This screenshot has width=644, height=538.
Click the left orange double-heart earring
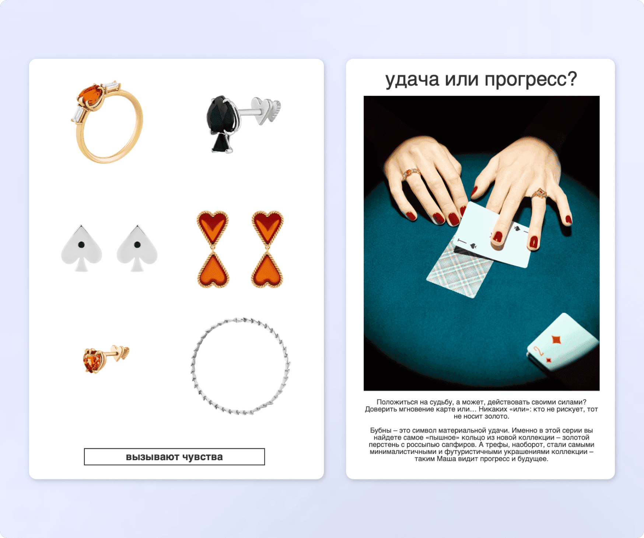213,249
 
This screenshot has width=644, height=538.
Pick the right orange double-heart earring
267,249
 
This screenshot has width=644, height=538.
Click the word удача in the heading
412,80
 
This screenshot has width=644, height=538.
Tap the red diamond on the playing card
556,339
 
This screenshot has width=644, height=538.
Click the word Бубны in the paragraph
381,430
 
